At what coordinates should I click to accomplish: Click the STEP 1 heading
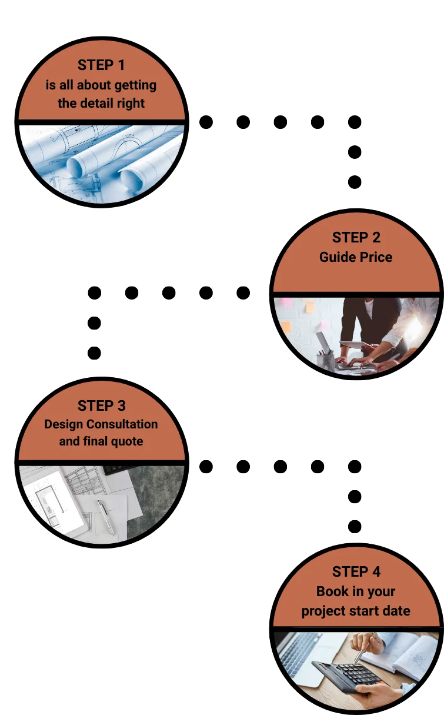[101, 65]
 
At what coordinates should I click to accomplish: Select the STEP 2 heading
[356, 238]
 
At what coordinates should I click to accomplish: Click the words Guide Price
[356, 257]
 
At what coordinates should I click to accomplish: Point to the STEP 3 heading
[101, 405]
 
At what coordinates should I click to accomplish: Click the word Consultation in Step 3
[122, 424]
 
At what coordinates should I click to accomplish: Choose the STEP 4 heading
[356, 571]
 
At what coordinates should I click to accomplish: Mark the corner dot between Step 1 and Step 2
[355, 122]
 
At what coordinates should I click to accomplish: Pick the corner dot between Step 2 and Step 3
[95, 292]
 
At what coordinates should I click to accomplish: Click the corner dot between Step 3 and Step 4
[355, 467]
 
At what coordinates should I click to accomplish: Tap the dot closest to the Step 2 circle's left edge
[243, 292]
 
